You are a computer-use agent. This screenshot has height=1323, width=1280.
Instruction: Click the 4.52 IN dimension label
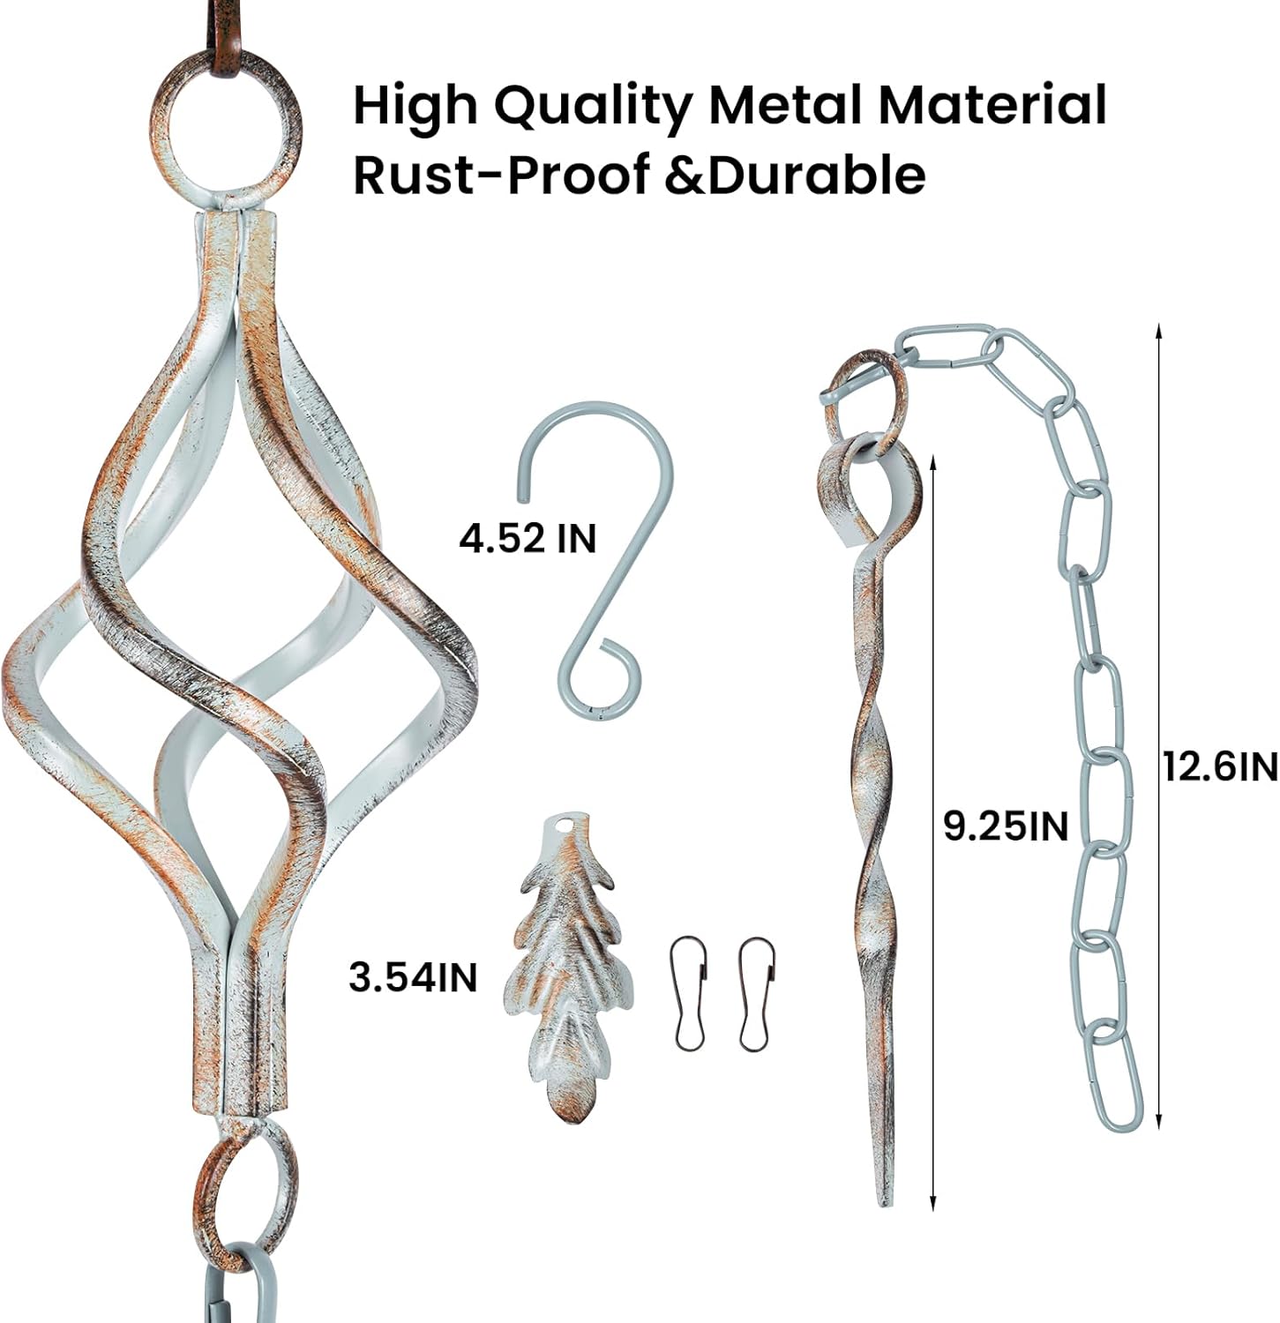pyautogui.click(x=528, y=537)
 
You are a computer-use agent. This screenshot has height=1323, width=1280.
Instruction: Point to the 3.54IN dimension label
pyautogui.click(x=413, y=976)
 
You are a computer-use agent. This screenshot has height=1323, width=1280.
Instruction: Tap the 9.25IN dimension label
pyautogui.click(x=1006, y=826)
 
